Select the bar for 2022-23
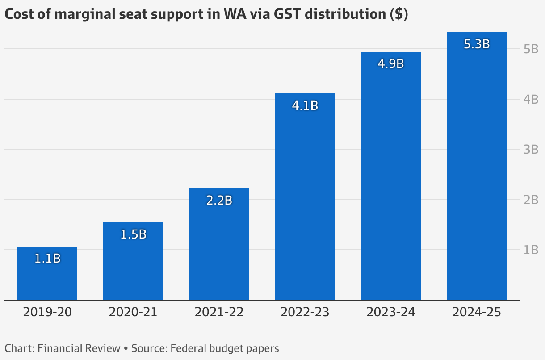click(305, 201)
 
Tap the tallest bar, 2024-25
click(477, 170)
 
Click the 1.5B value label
click(134, 234)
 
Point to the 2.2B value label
click(219, 200)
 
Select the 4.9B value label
click(391, 64)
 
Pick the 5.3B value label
click(477, 44)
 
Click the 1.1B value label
click(47, 258)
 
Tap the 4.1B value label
click(305, 106)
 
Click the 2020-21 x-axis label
click(133, 312)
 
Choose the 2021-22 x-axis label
click(219, 312)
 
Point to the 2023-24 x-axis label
click(391, 312)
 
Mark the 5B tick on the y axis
click(531, 49)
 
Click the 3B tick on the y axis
click(531, 149)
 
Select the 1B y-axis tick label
click(531, 250)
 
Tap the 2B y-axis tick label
click(531, 200)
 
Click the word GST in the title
click(308, 14)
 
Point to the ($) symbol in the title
click(398, 14)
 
